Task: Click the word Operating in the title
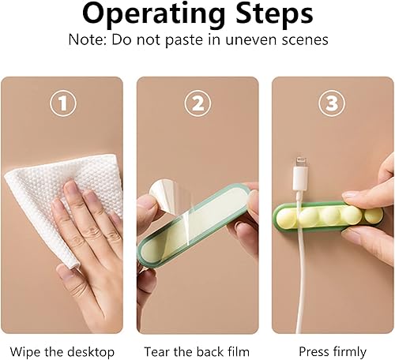coord(154,14)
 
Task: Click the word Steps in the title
coord(274,13)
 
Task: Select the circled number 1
coord(63,103)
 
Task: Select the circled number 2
coord(197,103)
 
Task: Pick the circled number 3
coord(332,103)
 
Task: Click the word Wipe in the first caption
coord(25,351)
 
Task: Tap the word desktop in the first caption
coord(90,352)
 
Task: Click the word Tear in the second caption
coord(157,351)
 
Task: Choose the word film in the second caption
coord(239,351)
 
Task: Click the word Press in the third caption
coord(314,351)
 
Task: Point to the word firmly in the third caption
coord(349,352)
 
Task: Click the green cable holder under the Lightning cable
coord(326,217)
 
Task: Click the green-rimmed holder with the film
coord(194,225)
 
